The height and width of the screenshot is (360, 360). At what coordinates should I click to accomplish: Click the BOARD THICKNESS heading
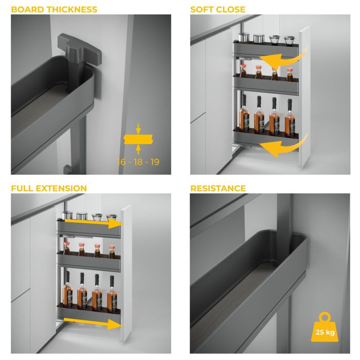pos(54,9)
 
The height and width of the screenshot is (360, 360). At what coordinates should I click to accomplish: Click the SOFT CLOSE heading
pos(218,9)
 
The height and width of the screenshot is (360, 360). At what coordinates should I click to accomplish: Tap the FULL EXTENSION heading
pos(49,188)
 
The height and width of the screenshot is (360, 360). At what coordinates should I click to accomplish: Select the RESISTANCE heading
pos(218,188)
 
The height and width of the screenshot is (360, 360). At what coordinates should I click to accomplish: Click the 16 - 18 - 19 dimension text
pos(138,162)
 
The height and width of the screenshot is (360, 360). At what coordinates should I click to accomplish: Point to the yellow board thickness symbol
pos(138,139)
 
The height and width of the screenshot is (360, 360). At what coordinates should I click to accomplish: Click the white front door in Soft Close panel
pos(304,98)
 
